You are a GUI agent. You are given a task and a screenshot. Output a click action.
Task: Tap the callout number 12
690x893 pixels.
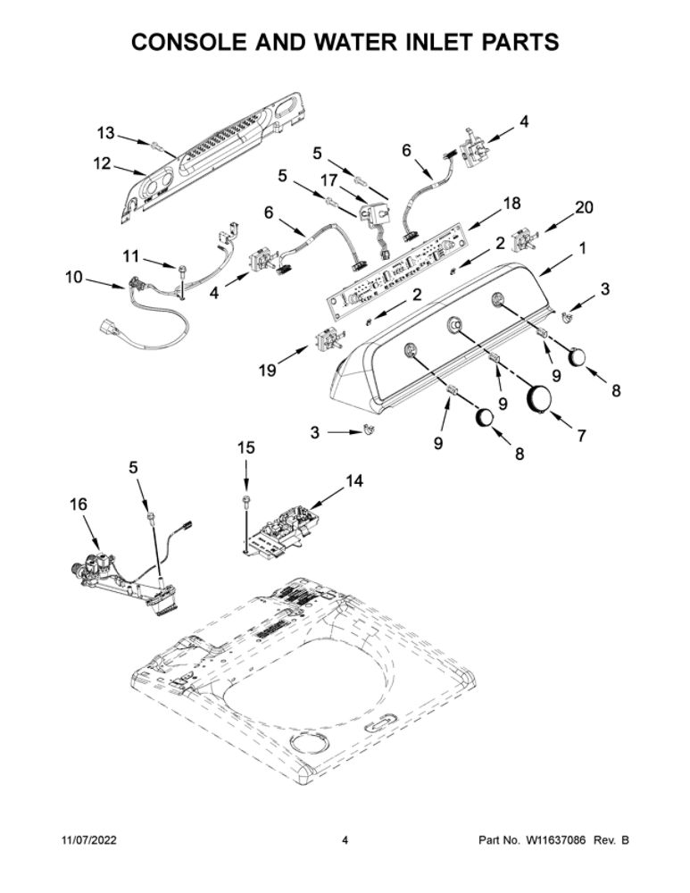tap(102, 163)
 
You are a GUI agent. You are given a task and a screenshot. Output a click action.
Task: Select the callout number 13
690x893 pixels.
tap(105, 133)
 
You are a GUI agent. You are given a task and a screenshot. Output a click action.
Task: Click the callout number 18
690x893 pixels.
tap(511, 204)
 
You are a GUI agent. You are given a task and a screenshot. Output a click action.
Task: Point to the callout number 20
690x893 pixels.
tap(584, 207)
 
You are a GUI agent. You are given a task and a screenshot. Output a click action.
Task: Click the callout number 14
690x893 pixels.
tap(353, 481)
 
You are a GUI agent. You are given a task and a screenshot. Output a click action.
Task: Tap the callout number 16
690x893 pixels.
tap(79, 504)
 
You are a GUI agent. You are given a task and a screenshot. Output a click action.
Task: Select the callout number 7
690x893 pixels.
tap(581, 436)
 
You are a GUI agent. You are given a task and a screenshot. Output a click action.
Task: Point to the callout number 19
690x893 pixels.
tap(268, 371)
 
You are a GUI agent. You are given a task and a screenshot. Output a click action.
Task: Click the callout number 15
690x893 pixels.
tap(246, 448)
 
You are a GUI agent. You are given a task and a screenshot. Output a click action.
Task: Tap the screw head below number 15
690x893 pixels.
tap(246, 500)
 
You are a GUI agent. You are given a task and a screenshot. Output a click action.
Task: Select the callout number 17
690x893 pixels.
tap(328, 180)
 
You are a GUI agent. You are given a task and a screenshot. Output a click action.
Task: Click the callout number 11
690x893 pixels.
tap(131, 257)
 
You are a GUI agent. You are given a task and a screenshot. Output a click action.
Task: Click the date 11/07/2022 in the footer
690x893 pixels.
tap(88, 840)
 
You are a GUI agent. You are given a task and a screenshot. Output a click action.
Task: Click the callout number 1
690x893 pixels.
tap(582, 248)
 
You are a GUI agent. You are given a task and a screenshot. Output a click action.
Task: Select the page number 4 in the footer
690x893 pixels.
tap(345, 840)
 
